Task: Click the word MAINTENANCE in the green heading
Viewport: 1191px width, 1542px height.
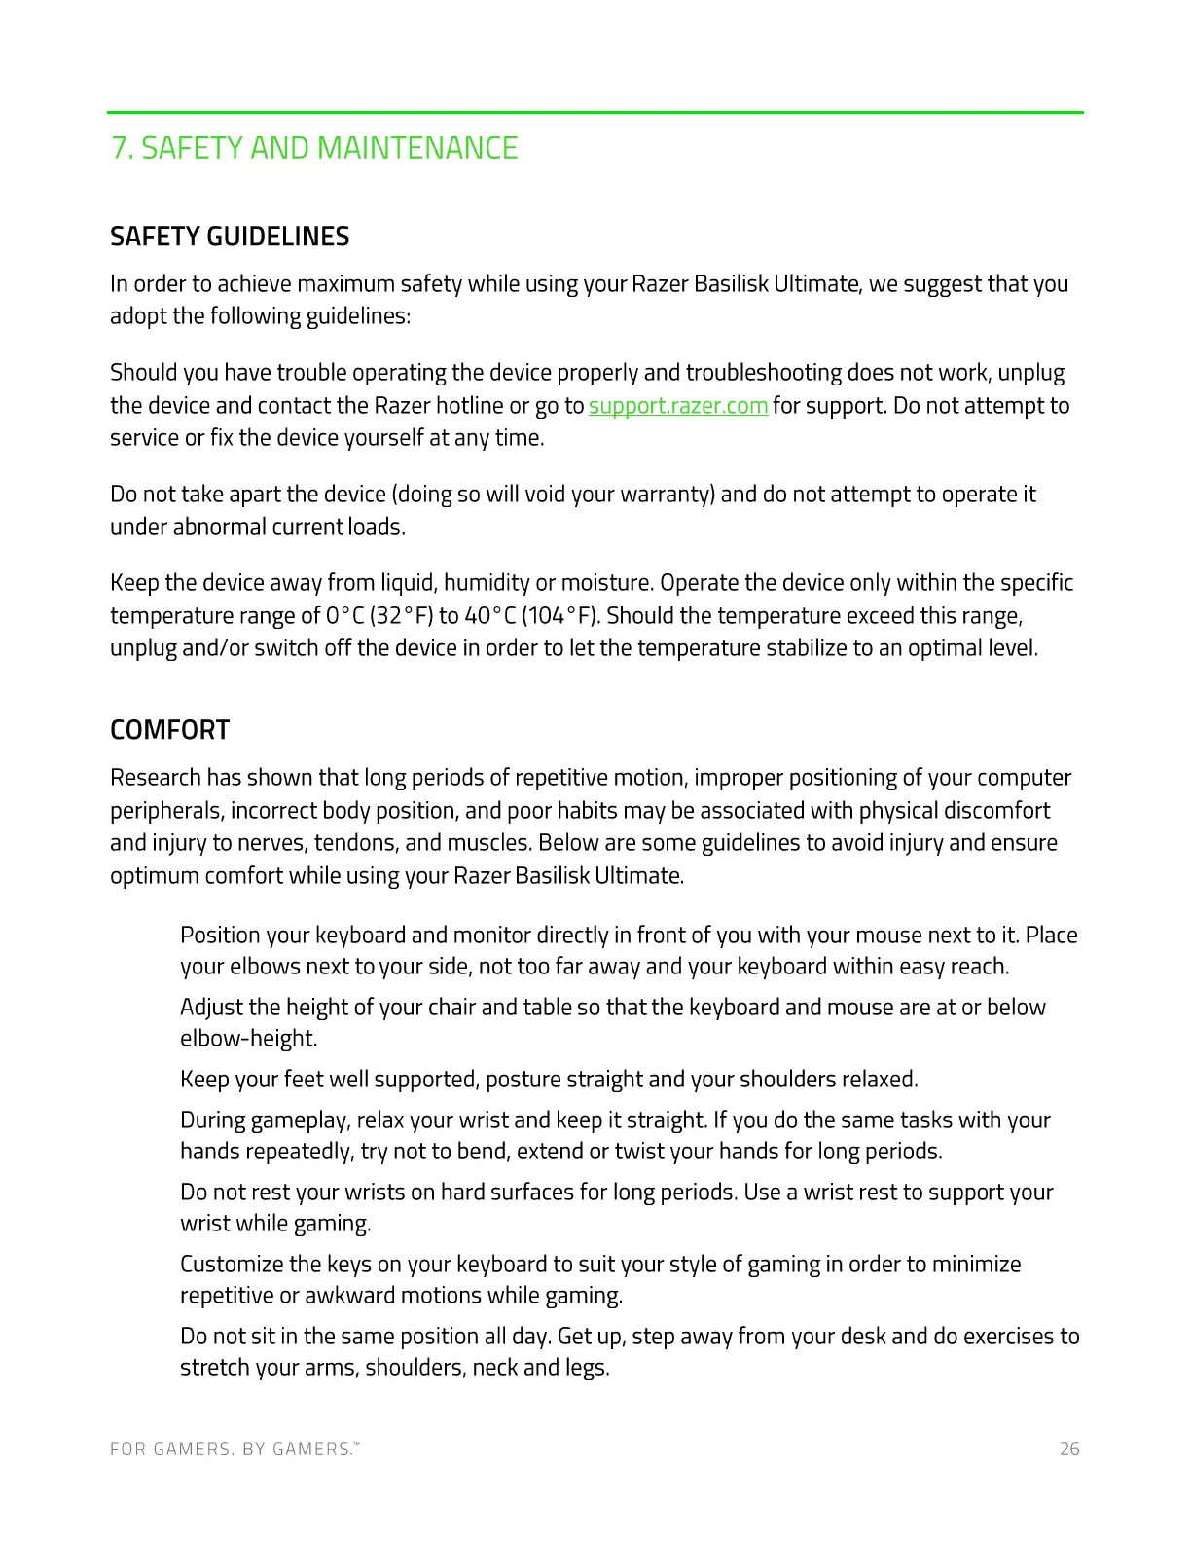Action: pyautogui.click(x=417, y=148)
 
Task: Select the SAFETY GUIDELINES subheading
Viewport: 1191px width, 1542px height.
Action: pyautogui.click(x=230, y=237)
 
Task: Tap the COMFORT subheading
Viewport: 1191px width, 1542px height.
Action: pyautogui.click(x=169, y=730)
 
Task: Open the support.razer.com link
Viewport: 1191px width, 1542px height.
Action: pyautogui.click(x=678, y=405)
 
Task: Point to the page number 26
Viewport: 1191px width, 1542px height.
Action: pyautogui.click(x=1069, y=1449)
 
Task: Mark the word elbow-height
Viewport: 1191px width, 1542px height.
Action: pyautogui.click(x=247, y=1039)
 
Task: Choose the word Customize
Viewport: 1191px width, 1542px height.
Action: pyautogui.click(x=231, y=1265)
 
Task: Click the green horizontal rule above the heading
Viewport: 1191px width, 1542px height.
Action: pyautogui.click(x=595, y=113)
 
